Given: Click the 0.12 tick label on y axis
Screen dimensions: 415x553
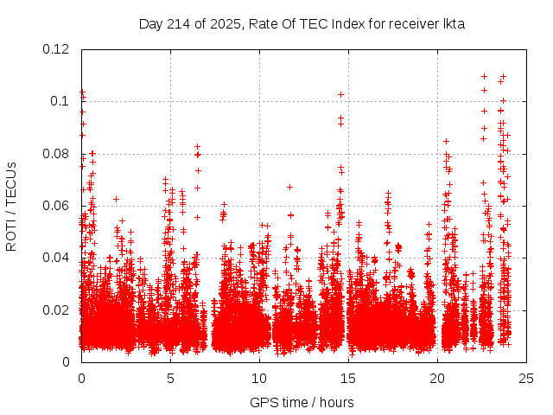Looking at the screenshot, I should pyautogui.click(x=57, y=49).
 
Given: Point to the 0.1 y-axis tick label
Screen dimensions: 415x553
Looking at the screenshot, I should pyautogui.click(x=60, y=101).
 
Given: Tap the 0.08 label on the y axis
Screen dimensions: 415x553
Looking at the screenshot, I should pyautogui.click(x=57, y=154).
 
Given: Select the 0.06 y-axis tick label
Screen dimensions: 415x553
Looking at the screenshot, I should pyautogui.click(x=57, y=206).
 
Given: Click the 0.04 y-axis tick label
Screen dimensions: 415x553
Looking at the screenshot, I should pyautogui.click(x=57, y=258).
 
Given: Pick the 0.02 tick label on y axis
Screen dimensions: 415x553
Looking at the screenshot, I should pyautogui.click(x=57, y=310).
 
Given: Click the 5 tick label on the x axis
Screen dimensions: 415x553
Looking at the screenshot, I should pyautogui.click(x=170, y=378).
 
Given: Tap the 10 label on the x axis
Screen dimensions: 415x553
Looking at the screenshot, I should pyautogui.click(x=259, y=378).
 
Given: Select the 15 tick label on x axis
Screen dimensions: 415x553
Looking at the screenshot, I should pyautogui.click(x=348, y=378).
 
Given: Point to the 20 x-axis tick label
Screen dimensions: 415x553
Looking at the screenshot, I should pyautogui.click(x=437, y=378).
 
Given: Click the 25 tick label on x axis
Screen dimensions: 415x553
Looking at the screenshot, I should pyautogui.click(x=526, y=378).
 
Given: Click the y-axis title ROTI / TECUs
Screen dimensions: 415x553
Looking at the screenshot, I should pyautogui.click(x=12, y=206).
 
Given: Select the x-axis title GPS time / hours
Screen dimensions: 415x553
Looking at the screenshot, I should pyautogui.click(x=302, y=402).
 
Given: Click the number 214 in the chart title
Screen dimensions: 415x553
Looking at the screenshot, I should pyautogui.click(x=177, y=24).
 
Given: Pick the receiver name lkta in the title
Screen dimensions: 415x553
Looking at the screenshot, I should pyautogui.click(x=453, y=24).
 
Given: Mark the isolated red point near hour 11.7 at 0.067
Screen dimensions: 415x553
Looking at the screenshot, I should pyautogui.click(x=289, y=187).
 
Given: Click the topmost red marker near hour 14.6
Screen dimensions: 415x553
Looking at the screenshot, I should pyautogui.click(x=341, y=94).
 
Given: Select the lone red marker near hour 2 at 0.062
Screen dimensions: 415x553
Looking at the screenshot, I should pyautogui.click(x=116, y=199).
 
